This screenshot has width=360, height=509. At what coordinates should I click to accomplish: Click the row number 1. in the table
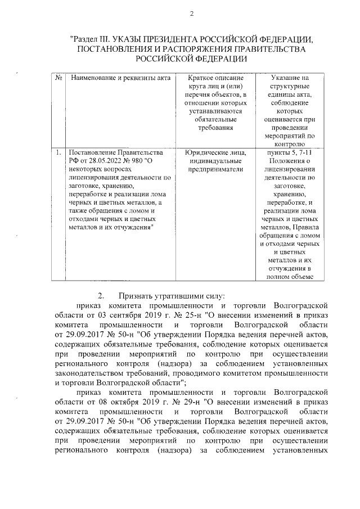(x=59, y=152)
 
